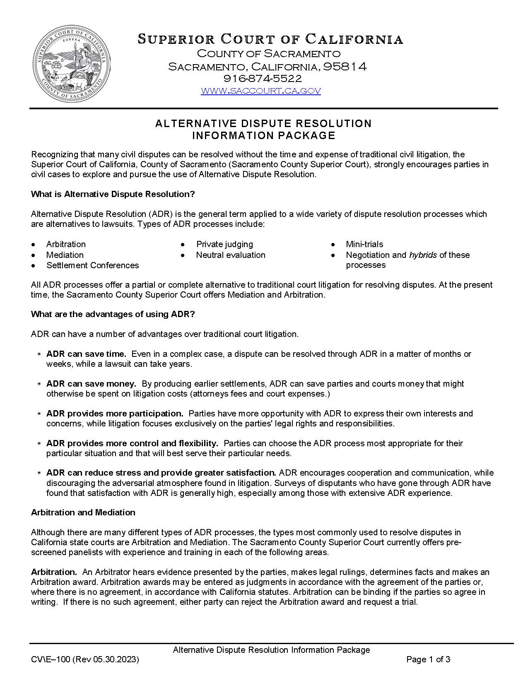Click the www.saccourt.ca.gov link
(x=260, y=91)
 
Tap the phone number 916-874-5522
(x=263, y=78)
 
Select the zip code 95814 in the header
(x=345, y=66)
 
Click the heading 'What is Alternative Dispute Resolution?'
(x=113, y=194)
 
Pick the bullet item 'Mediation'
(x=65, y=255)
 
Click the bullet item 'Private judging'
(x=224, y=244)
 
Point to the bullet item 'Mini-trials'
(x=364, y=244)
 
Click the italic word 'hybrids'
(x=423, y=255)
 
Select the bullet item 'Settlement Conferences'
(x=92, y=265)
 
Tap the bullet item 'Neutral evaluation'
(x=231, y=255)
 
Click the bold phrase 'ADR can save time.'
(x=86, y=354)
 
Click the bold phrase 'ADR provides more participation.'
(x=115, y=414)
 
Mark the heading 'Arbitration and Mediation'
(x=83, y=512)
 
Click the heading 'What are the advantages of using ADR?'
(x=113, y=314)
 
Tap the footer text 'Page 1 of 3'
(x=428, y=659)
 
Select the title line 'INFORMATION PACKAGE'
(x=263, y=135)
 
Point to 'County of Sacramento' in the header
(x=268, y=53)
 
